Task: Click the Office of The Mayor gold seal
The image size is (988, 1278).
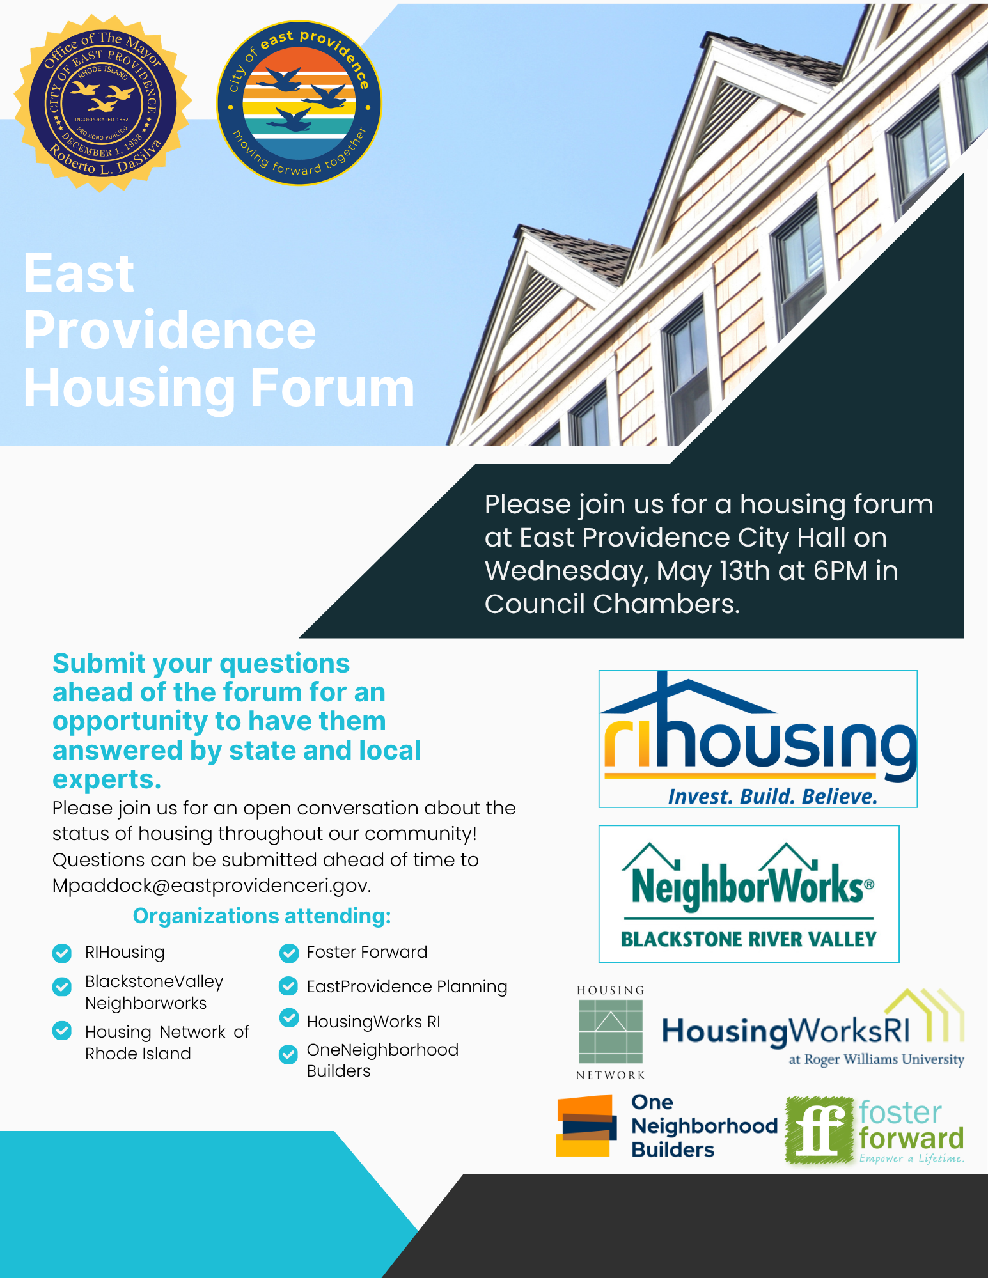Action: pyautogui.click(x=103, y=103)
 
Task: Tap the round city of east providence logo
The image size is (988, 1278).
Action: pyautogui.click(x=299, y=103)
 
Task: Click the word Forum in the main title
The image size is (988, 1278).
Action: pyautogui.click(x=333, y=387)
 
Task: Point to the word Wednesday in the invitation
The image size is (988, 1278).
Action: pyautogui.click(x=567, y=572)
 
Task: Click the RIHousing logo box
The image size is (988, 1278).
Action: pyautogui.click(x=758, y=739)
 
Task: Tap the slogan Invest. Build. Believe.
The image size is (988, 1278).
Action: pyautogui.click(x=772, y=796)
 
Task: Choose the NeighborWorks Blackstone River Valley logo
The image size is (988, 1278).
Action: pyautogui.click(x=749, y=894)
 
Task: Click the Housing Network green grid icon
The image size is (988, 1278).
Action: pyautogui.click(x=611, y=1032)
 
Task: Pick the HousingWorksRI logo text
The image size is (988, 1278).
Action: pyautogui.click(x=786, y=1031)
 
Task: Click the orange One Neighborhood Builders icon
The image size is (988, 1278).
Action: pyautogui.click(x=586, y=1126)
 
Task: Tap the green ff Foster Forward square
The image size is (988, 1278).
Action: pyautogui.click(x=820, y=1129)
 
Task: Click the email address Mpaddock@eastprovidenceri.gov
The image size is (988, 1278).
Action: pyautogui.click(x=212, y=885)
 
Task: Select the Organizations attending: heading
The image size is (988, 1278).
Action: pyautogui.click(x=262, y=916)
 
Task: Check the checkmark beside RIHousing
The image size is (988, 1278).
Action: pyautogui.click(x=62, y=953)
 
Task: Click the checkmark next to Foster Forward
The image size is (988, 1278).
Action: pyautogui.click(x=289, y=953)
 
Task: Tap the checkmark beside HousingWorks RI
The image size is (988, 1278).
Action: pyautogui.click(x=289, y=1018)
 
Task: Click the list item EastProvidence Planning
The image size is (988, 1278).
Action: pyautogui.click(x=407, y=987)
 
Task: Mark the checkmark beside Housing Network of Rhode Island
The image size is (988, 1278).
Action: pyautogui.click(x=62, y=1031)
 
